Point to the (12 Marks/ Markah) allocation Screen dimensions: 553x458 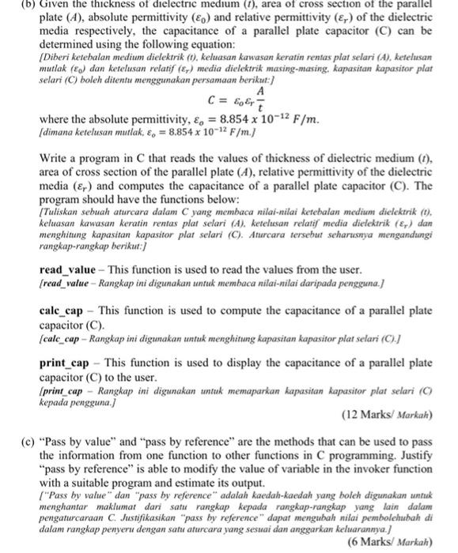[x=388, y=416]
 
